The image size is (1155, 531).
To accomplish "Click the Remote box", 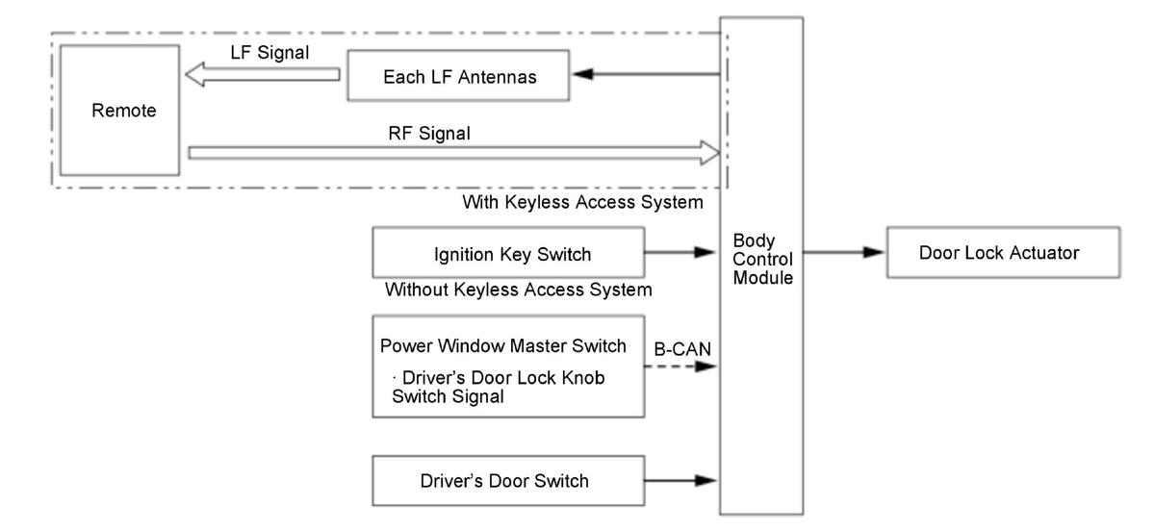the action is coord(119,111).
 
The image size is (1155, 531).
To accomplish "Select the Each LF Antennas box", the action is coord(458,75).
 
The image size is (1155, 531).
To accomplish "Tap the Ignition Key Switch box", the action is coord(508,253).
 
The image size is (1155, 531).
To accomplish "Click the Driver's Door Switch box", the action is coord(508,480).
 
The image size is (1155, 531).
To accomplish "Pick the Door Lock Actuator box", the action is coord(1003,253).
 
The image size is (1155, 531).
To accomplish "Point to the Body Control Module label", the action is coord(762,260).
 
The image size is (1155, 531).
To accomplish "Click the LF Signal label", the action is coord(269,53).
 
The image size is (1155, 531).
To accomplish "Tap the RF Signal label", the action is coord(429,134).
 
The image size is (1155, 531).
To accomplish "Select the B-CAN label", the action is coord(682,349).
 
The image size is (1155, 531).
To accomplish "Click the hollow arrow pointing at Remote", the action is coord(263,75).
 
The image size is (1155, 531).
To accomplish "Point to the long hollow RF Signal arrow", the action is coord(453,153).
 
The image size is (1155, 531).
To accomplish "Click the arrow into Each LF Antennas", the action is coord(647,74).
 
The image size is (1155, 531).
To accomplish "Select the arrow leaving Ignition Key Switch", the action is coord(680,252).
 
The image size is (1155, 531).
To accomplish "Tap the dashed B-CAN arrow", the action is coord(680,367).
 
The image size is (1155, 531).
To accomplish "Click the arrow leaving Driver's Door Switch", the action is coord(680,480).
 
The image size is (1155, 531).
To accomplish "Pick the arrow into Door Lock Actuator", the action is coord(844,252).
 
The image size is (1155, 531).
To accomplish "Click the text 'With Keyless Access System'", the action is coord(582,202).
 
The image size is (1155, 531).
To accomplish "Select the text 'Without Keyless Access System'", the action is coord(518,290).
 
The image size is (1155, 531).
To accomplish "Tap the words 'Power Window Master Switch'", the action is coord(502,346).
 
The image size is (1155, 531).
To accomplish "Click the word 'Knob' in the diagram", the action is coord(582,378).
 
